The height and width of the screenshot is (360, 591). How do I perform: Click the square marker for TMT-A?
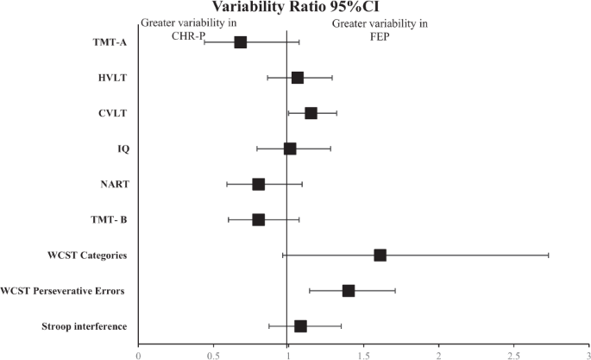240,42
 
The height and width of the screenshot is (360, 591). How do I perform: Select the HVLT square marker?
298,78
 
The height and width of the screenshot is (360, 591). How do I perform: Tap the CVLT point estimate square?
311,113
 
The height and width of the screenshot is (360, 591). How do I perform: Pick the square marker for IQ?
290,148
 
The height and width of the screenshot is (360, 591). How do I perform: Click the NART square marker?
258,184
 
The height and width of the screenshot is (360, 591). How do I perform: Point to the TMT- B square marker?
258,219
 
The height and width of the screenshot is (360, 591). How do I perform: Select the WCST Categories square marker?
380,255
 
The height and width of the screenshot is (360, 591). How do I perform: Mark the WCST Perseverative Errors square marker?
349,290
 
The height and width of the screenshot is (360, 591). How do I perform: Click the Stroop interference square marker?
300,325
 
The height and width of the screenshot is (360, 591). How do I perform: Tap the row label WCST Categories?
89,256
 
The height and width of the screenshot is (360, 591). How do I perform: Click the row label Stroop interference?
85,326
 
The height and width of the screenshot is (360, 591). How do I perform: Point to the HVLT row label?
113,79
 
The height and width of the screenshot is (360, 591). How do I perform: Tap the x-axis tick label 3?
587,352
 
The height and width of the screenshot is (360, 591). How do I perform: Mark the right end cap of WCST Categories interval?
548,255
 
